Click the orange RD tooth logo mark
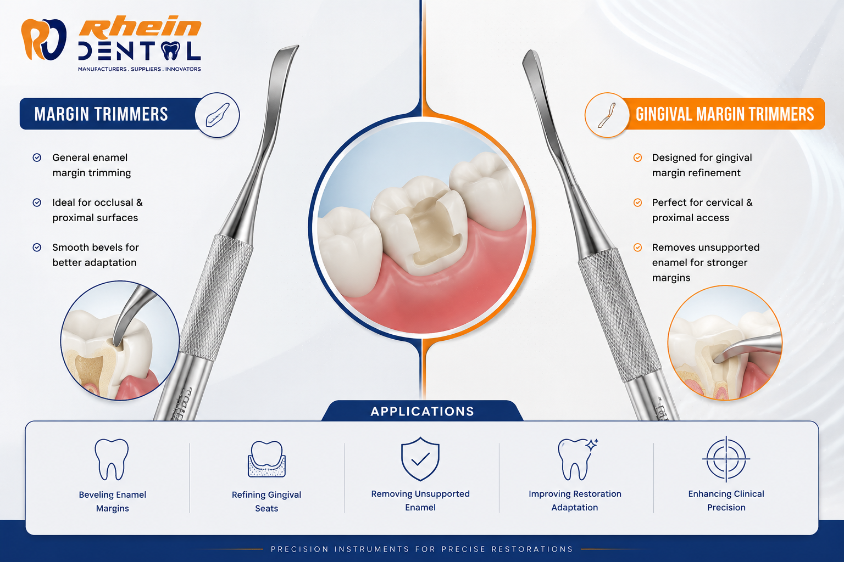click(x=44, y=40)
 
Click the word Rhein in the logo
click(x=140, y=28)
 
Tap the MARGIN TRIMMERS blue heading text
click(x=101, y=114)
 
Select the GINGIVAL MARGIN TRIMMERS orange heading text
click(x=725, y=114)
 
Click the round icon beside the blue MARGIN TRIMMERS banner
click(x=218, y=115)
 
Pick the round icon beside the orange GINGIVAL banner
click(x=607, y=115)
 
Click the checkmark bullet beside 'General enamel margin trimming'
click(x=37, y=158)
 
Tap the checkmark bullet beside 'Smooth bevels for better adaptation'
click(x=37, y=248)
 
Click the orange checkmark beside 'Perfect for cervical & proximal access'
click(x=637, y=203)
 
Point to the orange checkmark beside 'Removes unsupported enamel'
click(x=637, y=248)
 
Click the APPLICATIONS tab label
click(x=423, y=412)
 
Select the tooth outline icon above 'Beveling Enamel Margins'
click(x=112, y=459)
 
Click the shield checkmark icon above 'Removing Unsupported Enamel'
click(x=420, y=459)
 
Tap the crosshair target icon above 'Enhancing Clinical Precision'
click(x=726, y=459)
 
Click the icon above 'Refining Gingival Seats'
click(x=266, y=459)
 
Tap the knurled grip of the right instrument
click(x=619, y=314)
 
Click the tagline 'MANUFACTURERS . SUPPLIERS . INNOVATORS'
click(x=140, y=69)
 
